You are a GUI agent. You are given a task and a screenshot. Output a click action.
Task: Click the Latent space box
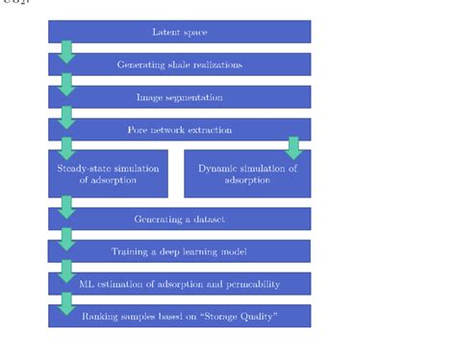[180, 32]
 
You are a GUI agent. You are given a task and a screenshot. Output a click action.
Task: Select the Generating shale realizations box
[180, 64]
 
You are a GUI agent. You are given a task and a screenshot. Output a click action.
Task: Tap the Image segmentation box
[180, 97]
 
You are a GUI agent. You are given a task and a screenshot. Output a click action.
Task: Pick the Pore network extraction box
[180, 130]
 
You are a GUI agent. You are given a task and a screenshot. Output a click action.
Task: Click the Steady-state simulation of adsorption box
[108, 174]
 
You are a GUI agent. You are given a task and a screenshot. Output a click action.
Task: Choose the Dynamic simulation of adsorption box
[247, 174]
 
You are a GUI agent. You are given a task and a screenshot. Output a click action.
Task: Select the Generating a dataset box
[180, 219]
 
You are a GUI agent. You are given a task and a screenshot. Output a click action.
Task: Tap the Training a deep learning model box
[180, 251]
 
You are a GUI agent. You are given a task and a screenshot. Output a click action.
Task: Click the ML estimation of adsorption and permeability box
[180, 284]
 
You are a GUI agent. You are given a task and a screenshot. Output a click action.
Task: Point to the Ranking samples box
[180, 316]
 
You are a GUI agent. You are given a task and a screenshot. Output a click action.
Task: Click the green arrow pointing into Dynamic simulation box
[293, 147]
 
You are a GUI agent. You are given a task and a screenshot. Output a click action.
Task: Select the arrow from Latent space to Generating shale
[66, 51]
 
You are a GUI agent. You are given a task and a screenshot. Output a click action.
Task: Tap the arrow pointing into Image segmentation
[66, 84]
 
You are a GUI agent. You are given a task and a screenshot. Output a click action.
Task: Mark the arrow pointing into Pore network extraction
[66, 116]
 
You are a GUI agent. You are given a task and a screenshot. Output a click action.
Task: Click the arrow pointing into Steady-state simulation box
[66, 147]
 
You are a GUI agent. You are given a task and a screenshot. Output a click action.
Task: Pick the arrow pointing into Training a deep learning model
[66, 238]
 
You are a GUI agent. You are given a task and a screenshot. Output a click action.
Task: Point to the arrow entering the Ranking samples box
[66, 302]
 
